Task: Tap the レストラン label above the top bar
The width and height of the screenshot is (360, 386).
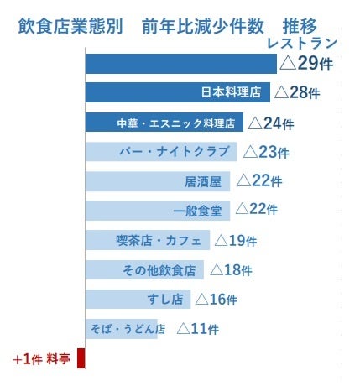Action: tap(301, 43)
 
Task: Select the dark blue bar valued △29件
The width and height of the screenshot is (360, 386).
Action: tap(180, 64)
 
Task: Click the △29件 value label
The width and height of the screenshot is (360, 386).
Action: tap(307, 64)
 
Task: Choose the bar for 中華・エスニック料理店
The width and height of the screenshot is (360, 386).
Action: tap(164, 123)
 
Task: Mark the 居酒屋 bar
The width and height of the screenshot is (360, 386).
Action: tap(158, 180)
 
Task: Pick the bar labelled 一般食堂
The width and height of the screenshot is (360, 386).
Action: tap(158, 210)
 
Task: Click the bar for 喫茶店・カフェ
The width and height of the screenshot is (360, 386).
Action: tap(147, 241)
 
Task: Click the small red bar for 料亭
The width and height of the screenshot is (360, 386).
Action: tap(81, 358)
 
